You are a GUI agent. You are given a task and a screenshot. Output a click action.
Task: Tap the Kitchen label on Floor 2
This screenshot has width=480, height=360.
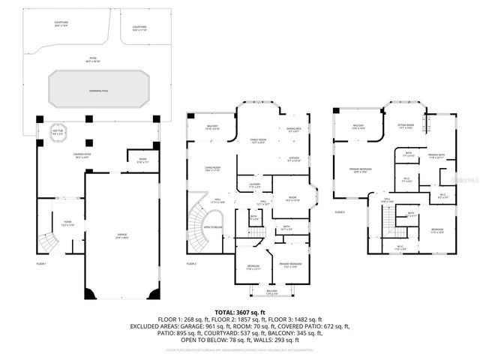pyautogui.click(x=294, y=158)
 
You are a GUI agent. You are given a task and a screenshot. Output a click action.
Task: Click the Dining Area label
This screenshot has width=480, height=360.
pyautogui.click(x=294, y=130)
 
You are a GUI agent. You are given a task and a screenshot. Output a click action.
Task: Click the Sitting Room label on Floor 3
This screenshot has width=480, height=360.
pyautogui.click(x=405, y=126)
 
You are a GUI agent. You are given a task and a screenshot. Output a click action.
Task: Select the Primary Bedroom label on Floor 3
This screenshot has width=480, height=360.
pyautogui.click(x=362, y=170)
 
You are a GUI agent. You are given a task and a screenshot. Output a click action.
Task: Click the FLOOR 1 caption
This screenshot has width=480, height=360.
pyautogui.click(x=41, y=263)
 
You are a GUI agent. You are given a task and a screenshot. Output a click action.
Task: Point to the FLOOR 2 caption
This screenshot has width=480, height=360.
pyautogui.click(x=191, y=263)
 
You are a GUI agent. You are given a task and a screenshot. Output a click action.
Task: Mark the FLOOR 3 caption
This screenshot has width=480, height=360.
pyautogui.click(x=340, y=212)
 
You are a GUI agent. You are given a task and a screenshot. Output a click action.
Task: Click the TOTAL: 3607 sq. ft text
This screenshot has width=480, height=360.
pyautogui.click(x=240, y=311)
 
